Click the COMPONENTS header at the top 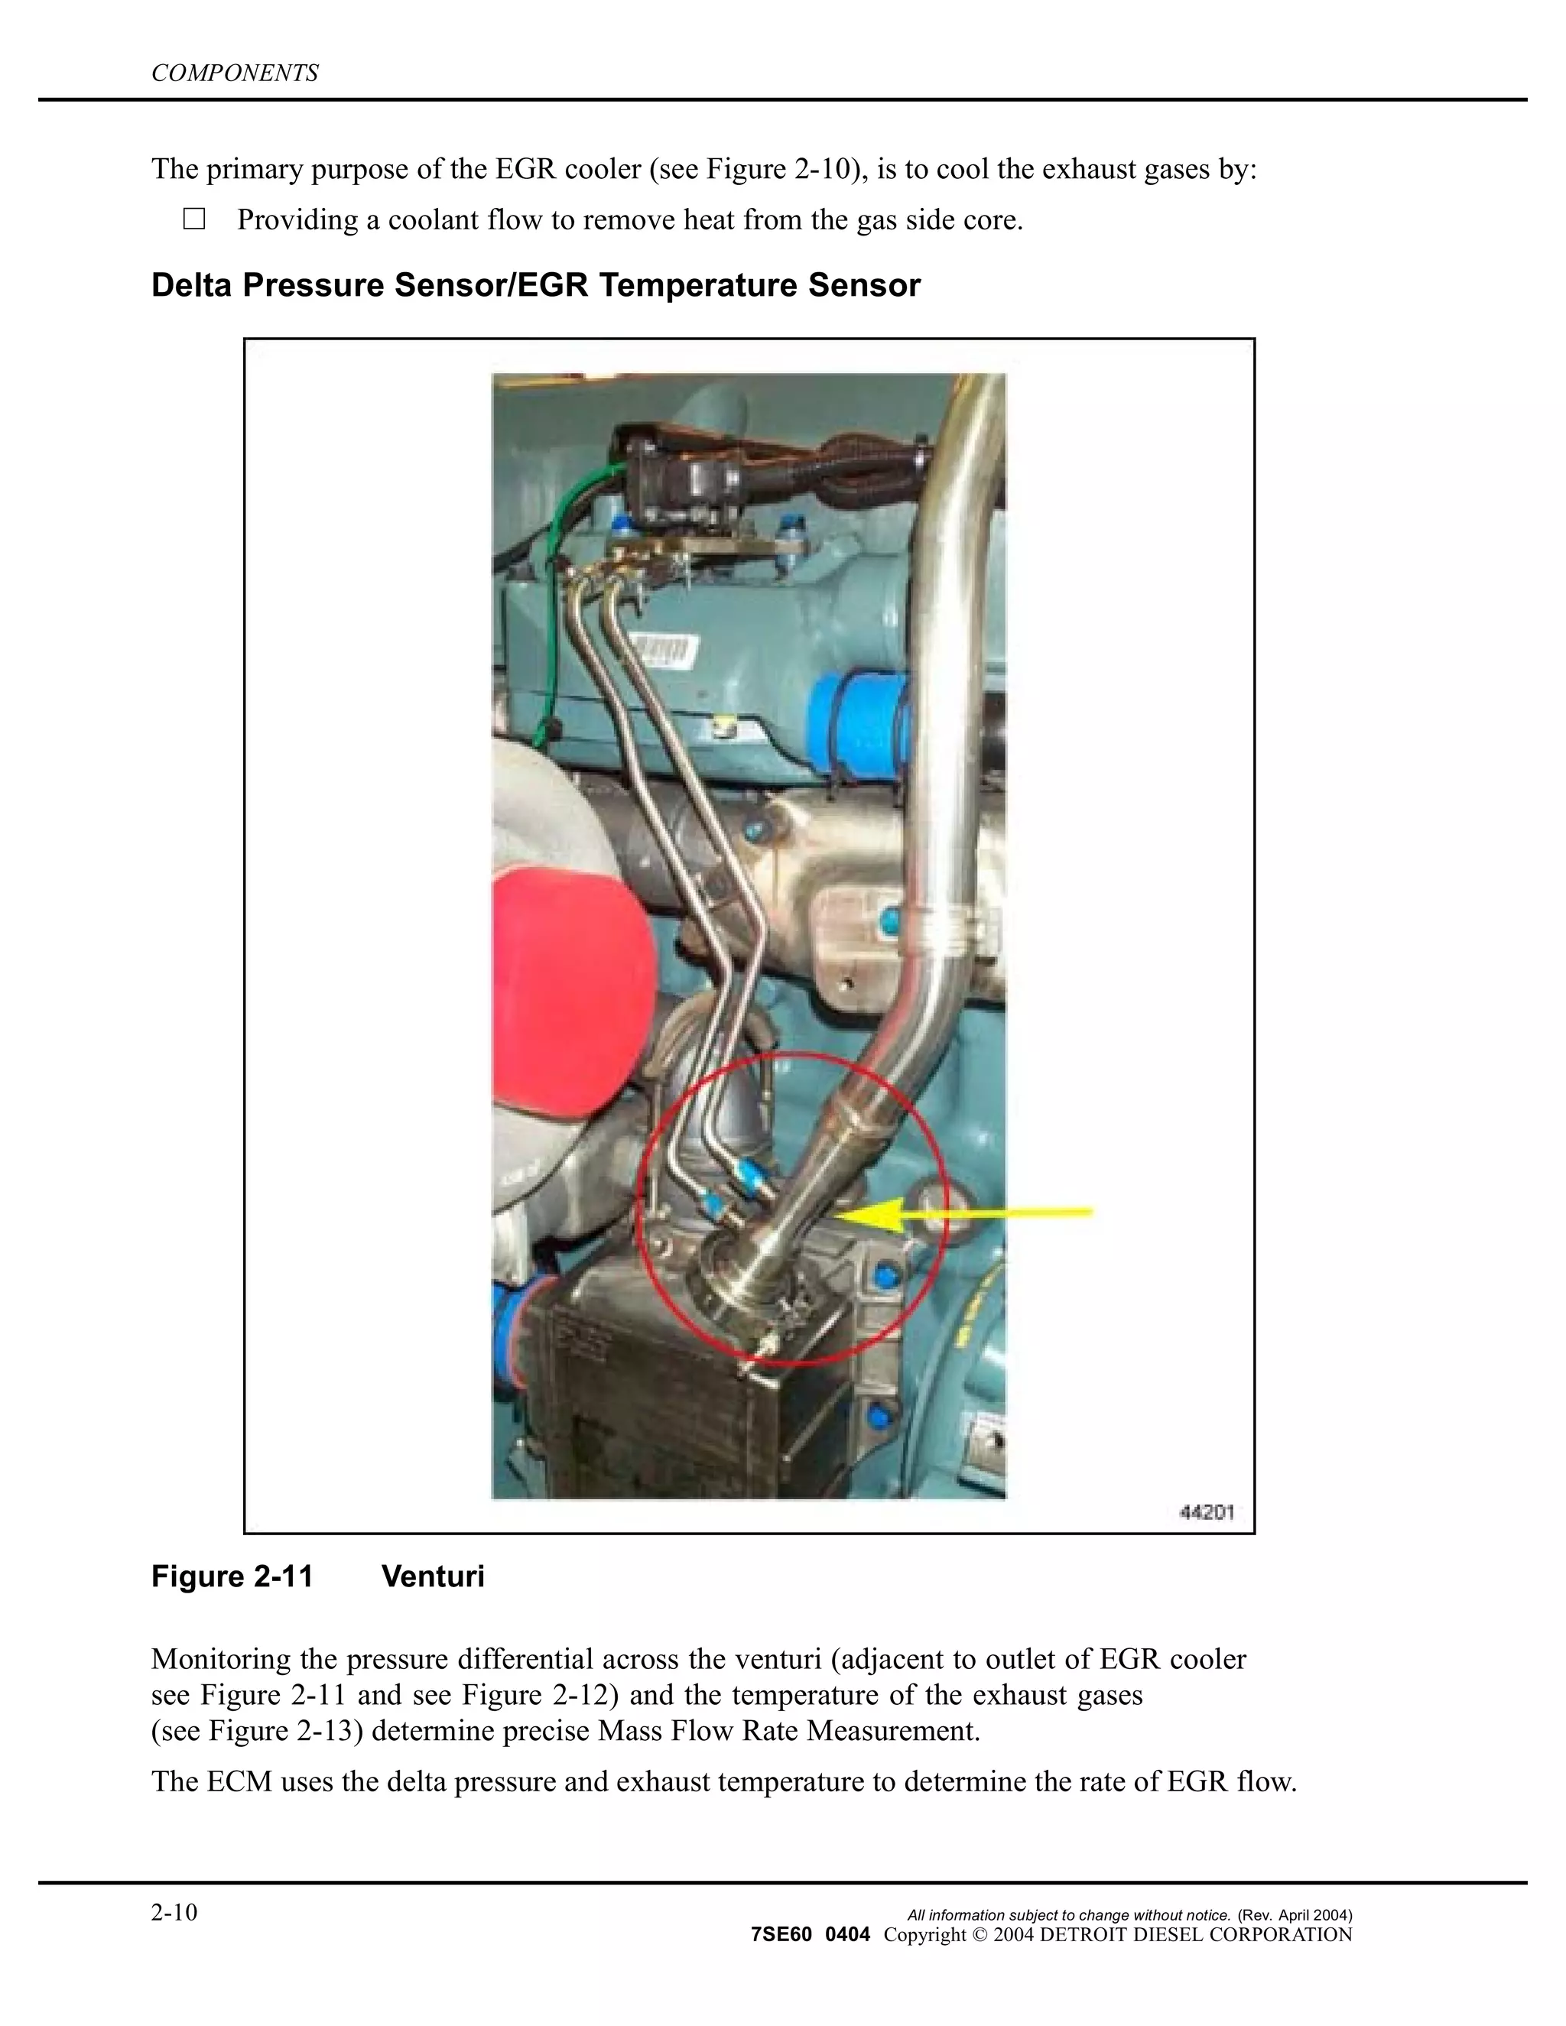click(235, 73)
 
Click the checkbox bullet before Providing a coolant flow click(194, 220)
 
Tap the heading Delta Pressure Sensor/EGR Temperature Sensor click(535, 286)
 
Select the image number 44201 click(1206, 1513)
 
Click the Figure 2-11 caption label click(232, 1577)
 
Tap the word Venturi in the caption click(434, 1577)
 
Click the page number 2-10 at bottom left click(174, 1913)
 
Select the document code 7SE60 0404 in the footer click(810, 1935)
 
